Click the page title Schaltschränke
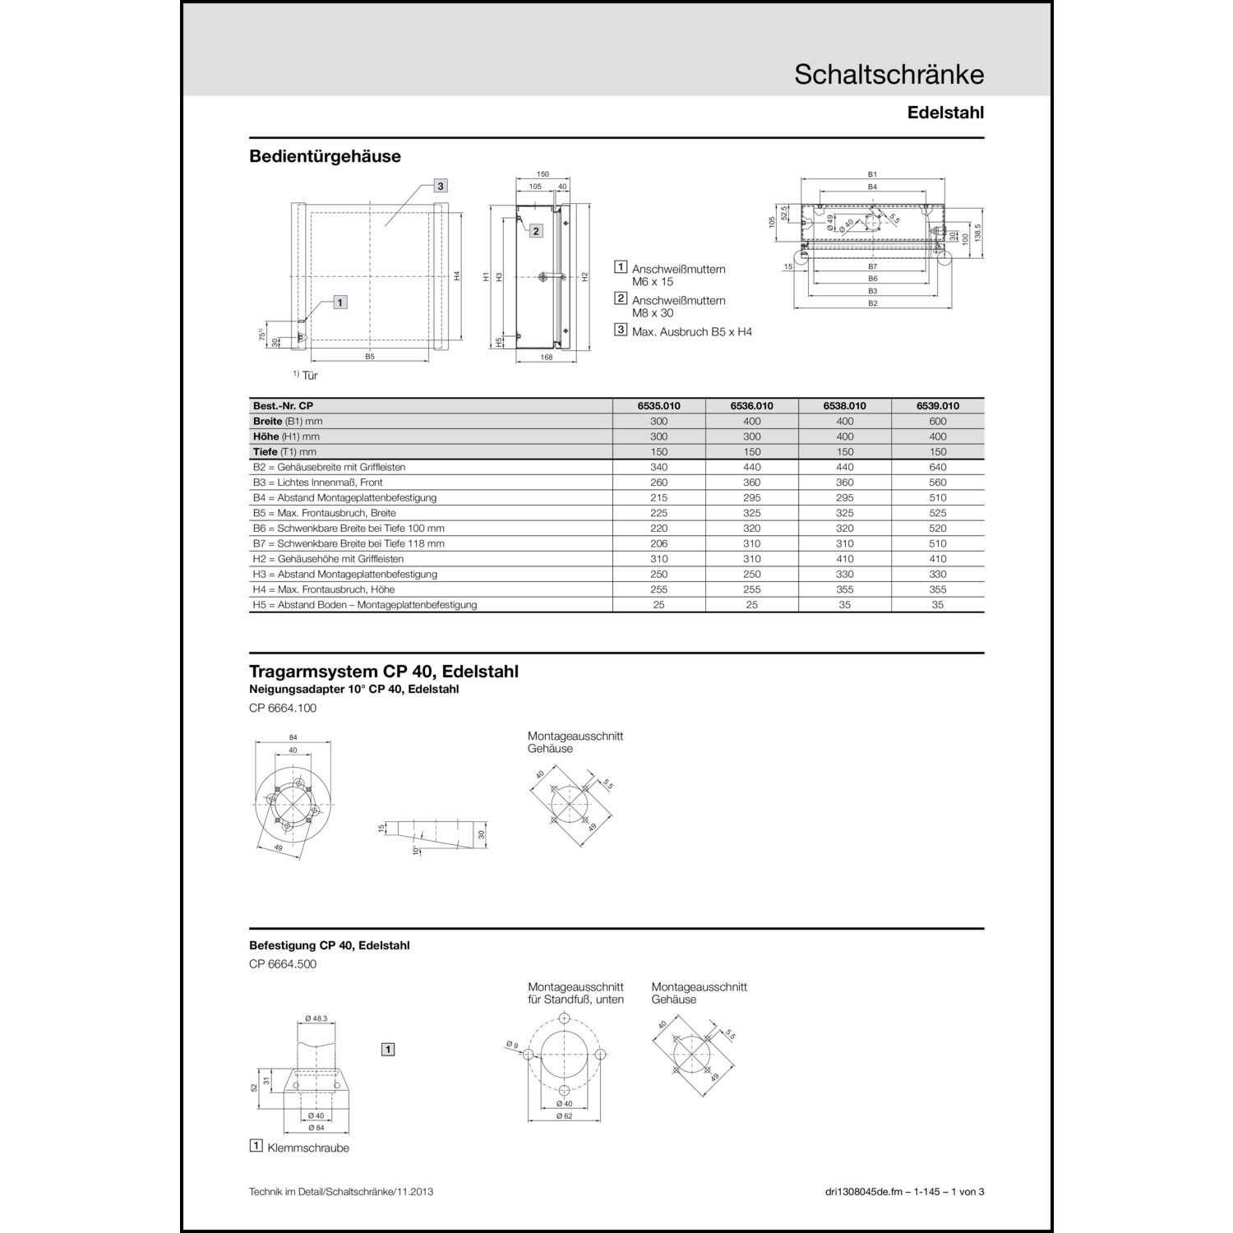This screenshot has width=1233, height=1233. [889, 75]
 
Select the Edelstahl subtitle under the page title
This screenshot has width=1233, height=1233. [945, 113]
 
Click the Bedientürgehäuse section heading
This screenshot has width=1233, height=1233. [325, 156]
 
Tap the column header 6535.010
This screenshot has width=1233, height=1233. [658, 406]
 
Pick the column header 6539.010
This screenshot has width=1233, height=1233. [937, 406]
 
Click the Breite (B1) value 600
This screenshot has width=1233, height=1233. [937, 421]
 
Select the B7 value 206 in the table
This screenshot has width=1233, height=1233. [658, 543]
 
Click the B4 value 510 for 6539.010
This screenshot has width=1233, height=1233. [937, 497]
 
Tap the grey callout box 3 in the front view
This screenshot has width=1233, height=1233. [441, 186]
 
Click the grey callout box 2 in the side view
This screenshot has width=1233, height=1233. [536, 231]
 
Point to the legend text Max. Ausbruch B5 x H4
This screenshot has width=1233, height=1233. [691, 332]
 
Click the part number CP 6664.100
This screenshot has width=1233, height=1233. [283, 708]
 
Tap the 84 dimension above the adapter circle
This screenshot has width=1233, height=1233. [293, 737]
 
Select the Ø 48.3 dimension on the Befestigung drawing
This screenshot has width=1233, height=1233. [316, 1018]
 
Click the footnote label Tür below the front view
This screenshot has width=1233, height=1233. [310, 376]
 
